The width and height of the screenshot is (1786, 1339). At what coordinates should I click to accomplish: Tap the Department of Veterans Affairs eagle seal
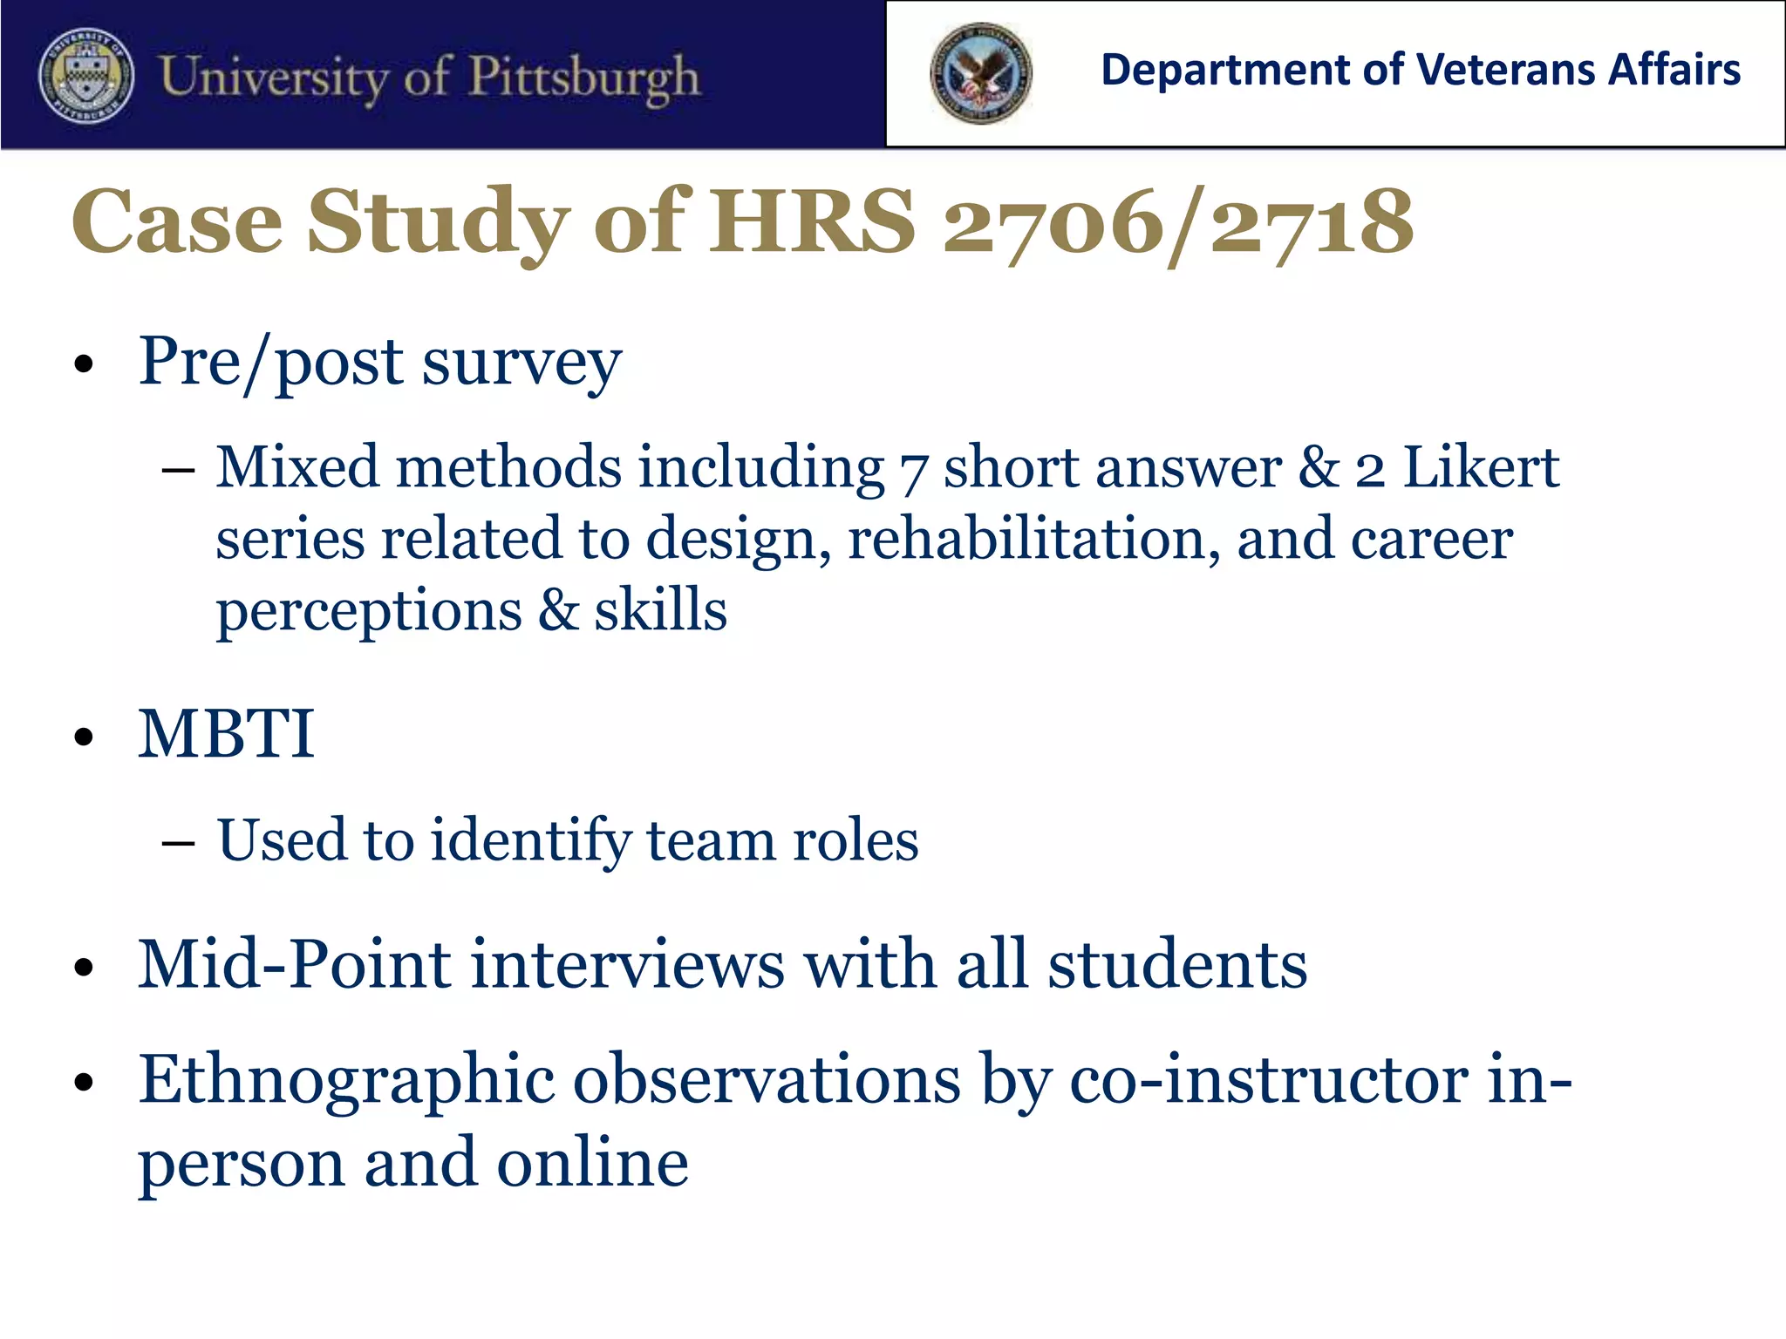[980, 73]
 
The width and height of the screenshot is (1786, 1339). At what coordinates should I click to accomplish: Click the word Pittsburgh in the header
[583, 78]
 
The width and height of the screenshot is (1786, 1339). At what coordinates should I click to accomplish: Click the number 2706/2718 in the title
[1177, 222]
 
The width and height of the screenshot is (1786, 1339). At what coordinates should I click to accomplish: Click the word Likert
[1480, 467]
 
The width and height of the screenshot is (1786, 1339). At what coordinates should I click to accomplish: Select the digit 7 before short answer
[912, 471]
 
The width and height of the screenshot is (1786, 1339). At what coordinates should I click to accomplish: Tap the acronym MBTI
[226, 734]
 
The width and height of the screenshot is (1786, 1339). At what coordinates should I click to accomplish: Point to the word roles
[855, 841]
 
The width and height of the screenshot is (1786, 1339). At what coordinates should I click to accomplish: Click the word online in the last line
[592, 1163]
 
